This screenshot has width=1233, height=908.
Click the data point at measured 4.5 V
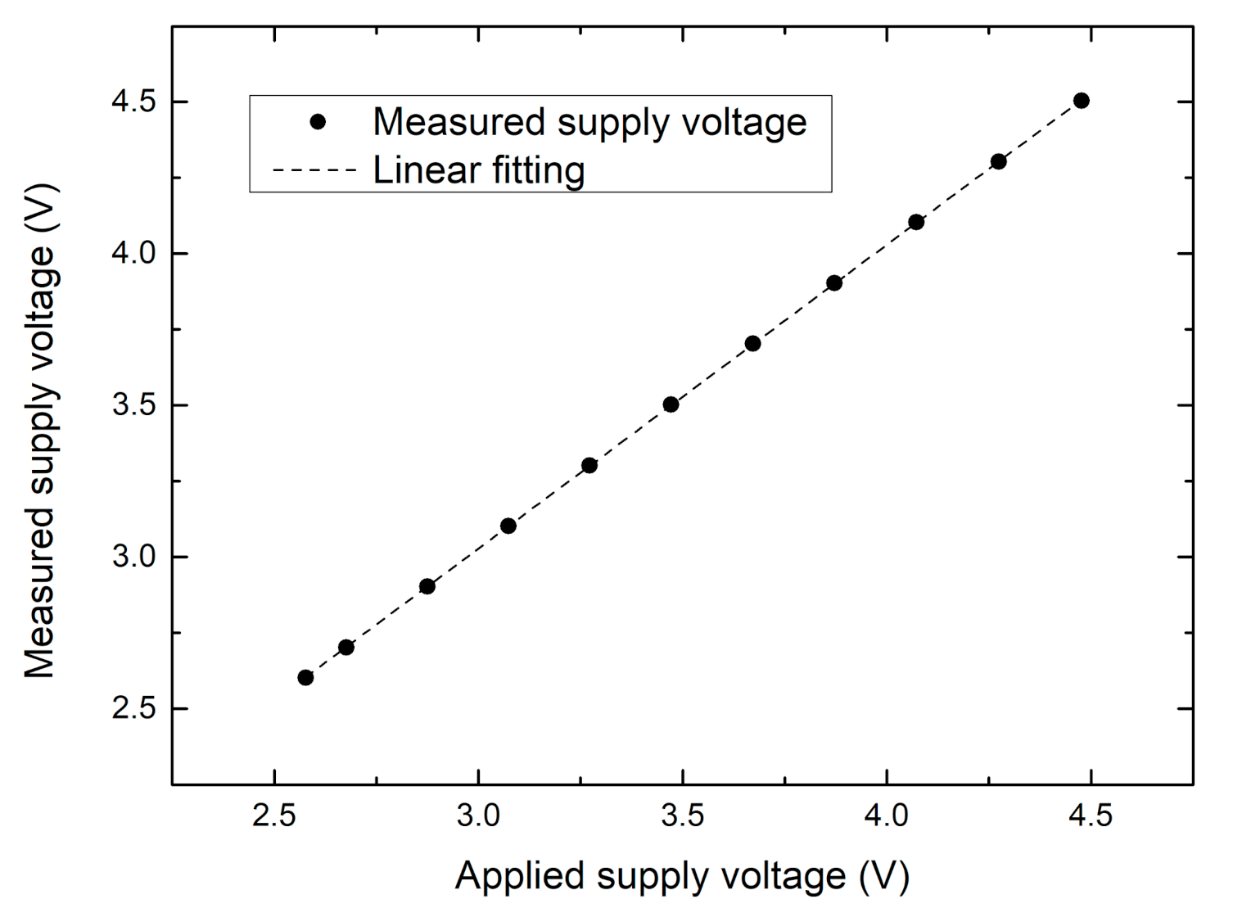tap(1081, 101)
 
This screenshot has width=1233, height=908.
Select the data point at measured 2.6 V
tap(305, 677)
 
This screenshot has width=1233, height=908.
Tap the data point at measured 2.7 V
tap(346, 647)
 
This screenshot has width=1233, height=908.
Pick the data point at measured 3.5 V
tap(671, 404)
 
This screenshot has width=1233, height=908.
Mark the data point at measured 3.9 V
tap(834, 283)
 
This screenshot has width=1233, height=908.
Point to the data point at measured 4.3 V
tap(998, 161)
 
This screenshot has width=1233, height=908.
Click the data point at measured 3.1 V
tap(508, 526)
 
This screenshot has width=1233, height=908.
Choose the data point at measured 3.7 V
tap(752, 344)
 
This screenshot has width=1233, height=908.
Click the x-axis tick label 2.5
tap(274, 816)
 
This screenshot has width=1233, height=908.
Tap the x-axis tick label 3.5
tap(682, 816)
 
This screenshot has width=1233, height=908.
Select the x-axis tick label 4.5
tap(1091, 816)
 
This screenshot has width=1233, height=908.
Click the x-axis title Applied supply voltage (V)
tap(682, 875)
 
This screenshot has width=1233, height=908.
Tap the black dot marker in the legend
tap(318, 122)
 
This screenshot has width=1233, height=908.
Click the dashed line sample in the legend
tap(315, 171)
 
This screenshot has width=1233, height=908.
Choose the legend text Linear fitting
tap(479, 170)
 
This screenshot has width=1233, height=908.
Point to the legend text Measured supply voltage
tap(589, 122)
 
